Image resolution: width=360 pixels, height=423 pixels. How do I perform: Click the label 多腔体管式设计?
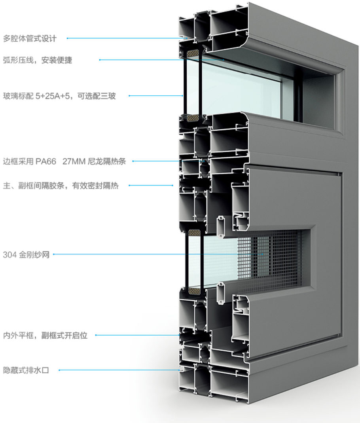coord(30,39)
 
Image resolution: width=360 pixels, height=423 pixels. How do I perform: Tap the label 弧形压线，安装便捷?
coord(38,61)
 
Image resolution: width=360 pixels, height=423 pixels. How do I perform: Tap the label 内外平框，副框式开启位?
coord(45,336)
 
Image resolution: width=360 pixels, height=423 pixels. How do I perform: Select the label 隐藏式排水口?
coord(26,370)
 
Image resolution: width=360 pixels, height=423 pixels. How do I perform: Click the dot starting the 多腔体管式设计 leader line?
coord(68,38)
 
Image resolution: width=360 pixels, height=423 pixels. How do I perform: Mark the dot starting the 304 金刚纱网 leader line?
coord(54,254)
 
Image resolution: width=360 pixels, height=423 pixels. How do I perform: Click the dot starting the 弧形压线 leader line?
coord(100,60)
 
